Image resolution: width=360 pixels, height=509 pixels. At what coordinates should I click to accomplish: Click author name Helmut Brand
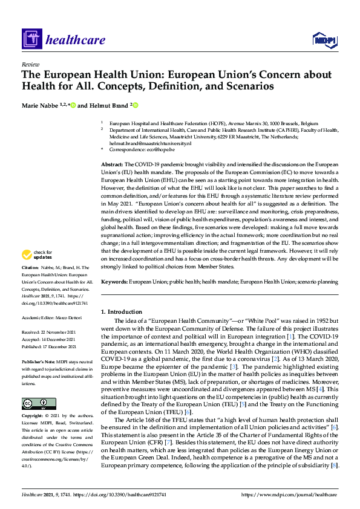pos(106,105)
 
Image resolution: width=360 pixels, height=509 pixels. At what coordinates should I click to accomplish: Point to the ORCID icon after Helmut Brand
pos(136,105)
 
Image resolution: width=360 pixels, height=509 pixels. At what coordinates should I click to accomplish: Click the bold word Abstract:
pos(112,164)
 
